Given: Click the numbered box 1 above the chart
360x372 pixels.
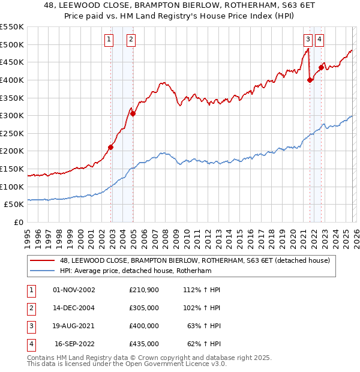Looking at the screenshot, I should pos(109,40).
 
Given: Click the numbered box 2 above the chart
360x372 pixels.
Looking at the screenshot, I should pos(130,40).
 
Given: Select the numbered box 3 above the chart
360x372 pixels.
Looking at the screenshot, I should pos(308,40).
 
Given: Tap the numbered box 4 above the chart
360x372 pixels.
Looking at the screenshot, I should pos(319,40).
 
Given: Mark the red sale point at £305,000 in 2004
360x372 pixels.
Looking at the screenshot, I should pos(133,113).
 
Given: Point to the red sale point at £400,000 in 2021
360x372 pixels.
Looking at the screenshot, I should pos(310,80).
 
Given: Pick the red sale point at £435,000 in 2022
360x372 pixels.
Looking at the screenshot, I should pos(321,67).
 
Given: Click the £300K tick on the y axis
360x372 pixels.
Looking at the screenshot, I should pos(12,115).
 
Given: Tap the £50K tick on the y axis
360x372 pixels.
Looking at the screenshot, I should pos(14,204).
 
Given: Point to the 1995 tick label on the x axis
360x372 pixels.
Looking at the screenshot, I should pos(28,235).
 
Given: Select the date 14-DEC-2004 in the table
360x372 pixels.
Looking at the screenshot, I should pos(74,308).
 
